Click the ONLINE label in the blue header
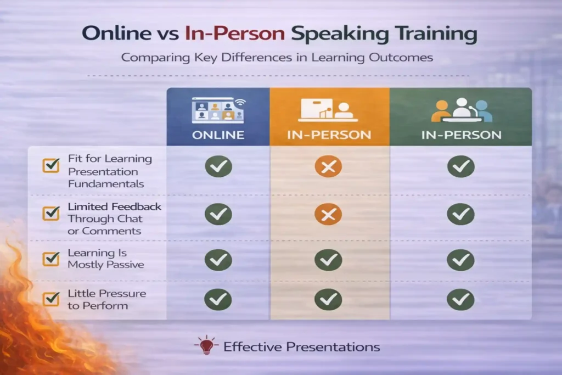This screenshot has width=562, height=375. (218, 135)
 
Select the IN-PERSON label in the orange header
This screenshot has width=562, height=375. (330, 135)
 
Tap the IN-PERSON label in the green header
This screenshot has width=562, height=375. (460, 135)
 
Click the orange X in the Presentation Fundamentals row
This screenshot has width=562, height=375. (328, 166)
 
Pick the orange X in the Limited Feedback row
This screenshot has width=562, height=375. (328, 215)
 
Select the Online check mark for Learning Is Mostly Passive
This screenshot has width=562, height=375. (218, 259)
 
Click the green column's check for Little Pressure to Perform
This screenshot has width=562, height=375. (460, 299)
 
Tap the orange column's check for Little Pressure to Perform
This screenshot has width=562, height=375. (328, 299)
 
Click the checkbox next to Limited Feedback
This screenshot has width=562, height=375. (51, 214)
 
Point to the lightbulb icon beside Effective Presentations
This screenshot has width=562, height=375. (207, 346)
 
